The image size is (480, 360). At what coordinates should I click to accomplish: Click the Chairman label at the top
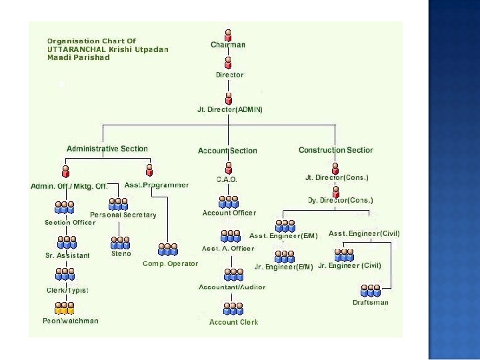pos(228,45)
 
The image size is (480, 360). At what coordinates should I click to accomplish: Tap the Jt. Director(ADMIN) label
pos(230,109)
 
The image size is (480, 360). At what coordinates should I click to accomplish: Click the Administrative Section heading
pos(107,149)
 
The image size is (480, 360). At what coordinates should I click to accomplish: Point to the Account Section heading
pos(227,151)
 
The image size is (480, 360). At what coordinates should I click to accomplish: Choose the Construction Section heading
pos(336,150)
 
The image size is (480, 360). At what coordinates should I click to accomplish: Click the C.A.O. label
pos(227,179)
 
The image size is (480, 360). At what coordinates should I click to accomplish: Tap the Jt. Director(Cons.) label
pos(337,177)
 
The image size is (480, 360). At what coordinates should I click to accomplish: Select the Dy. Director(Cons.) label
pos(340,200)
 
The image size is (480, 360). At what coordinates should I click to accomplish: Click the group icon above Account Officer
pos(229,201)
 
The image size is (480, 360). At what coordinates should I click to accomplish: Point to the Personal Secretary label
pos(123,215)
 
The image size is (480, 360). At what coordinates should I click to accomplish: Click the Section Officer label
pos(70,222)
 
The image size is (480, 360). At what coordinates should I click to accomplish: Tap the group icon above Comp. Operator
pos(168,249)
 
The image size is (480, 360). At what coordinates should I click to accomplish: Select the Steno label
pos(121,253)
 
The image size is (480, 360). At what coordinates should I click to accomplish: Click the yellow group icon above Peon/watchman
pos(65,308)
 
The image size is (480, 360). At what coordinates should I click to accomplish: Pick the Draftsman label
pos(371,303)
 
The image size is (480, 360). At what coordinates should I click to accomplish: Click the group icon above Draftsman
pos(370,291)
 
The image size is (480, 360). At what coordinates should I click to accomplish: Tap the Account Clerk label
pos(233,322)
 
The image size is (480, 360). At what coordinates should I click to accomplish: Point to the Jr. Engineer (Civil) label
pos(349,265)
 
